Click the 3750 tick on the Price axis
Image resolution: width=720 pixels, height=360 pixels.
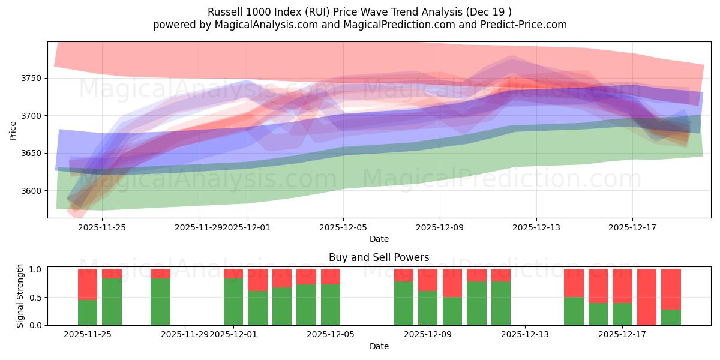pyautogui.click(x=31, y=78)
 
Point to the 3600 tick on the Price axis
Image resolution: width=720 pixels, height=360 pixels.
pyautogui.click(x=31, y=191)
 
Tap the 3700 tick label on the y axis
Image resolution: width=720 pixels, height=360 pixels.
pyautogui.click(x=31, y=116)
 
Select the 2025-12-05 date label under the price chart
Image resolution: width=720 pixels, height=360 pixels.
pyautogui.click(x=343, y=227)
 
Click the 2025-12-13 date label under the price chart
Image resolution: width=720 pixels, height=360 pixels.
pyautogui.click(x=536, y=227)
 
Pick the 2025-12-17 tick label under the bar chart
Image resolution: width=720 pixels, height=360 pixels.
pyautogui.click(x=622, y=335)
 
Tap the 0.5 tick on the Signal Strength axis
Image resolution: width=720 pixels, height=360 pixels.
pyautogui.click(x=36, y=297)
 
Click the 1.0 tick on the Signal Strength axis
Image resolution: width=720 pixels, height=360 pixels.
pyautogui.click(x=36, y=269)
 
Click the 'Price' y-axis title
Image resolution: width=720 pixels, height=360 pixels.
pyautogui.click(x=13, y=131)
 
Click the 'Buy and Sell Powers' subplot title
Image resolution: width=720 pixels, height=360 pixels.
pyautogui.click(x=379, y=257)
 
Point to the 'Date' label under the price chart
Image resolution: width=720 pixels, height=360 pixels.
pyautogui.click(x=379, y=239)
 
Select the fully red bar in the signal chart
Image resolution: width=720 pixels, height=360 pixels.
pyautogui.click(x=647, y=297)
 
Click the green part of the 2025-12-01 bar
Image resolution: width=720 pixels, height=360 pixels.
pyautogui.click(x=233, y=302)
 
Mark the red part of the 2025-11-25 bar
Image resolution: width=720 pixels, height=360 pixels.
pyautogui.click(x=88, y=284)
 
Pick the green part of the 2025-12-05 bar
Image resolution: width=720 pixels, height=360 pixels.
pyautogui.click(x=331, y=305)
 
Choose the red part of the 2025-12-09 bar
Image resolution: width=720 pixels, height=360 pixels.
pyautogui.click(x=428, y=280)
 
